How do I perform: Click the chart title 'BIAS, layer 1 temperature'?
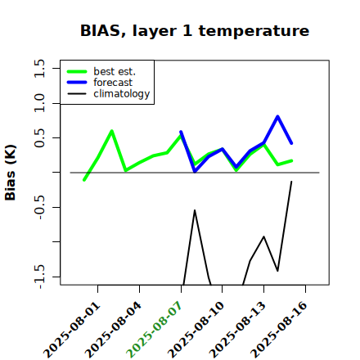[x=195, y=30]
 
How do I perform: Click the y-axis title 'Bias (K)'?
[x=11, y=173]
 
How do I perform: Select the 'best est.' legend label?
[x=115, y=71]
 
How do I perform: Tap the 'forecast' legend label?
[x=113, y=83]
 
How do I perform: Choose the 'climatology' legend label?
[x=122, y=94]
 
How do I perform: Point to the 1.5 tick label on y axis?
[x=39, y=68]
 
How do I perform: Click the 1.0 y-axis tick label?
[x=39, y=103]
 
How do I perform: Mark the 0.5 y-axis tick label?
[x=39, y=137]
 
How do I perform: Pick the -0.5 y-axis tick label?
[x=39, y=207]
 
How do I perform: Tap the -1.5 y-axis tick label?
[x=39, y=277]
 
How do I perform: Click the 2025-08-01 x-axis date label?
[x=72, y=330]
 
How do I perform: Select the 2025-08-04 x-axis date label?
[x=114, y=330]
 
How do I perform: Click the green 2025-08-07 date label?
[x=155, y=330]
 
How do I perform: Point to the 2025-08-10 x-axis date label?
[x=196, y=330]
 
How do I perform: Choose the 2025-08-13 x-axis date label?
[x=237, y=330]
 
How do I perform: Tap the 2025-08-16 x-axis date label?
[x=279, y=330]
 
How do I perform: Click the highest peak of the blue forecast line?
[x=277, y=117]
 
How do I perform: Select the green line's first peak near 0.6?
[x=112, y=131]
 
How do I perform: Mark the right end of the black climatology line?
[x=291, y=182]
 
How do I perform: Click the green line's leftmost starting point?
[x=84, y=180]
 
